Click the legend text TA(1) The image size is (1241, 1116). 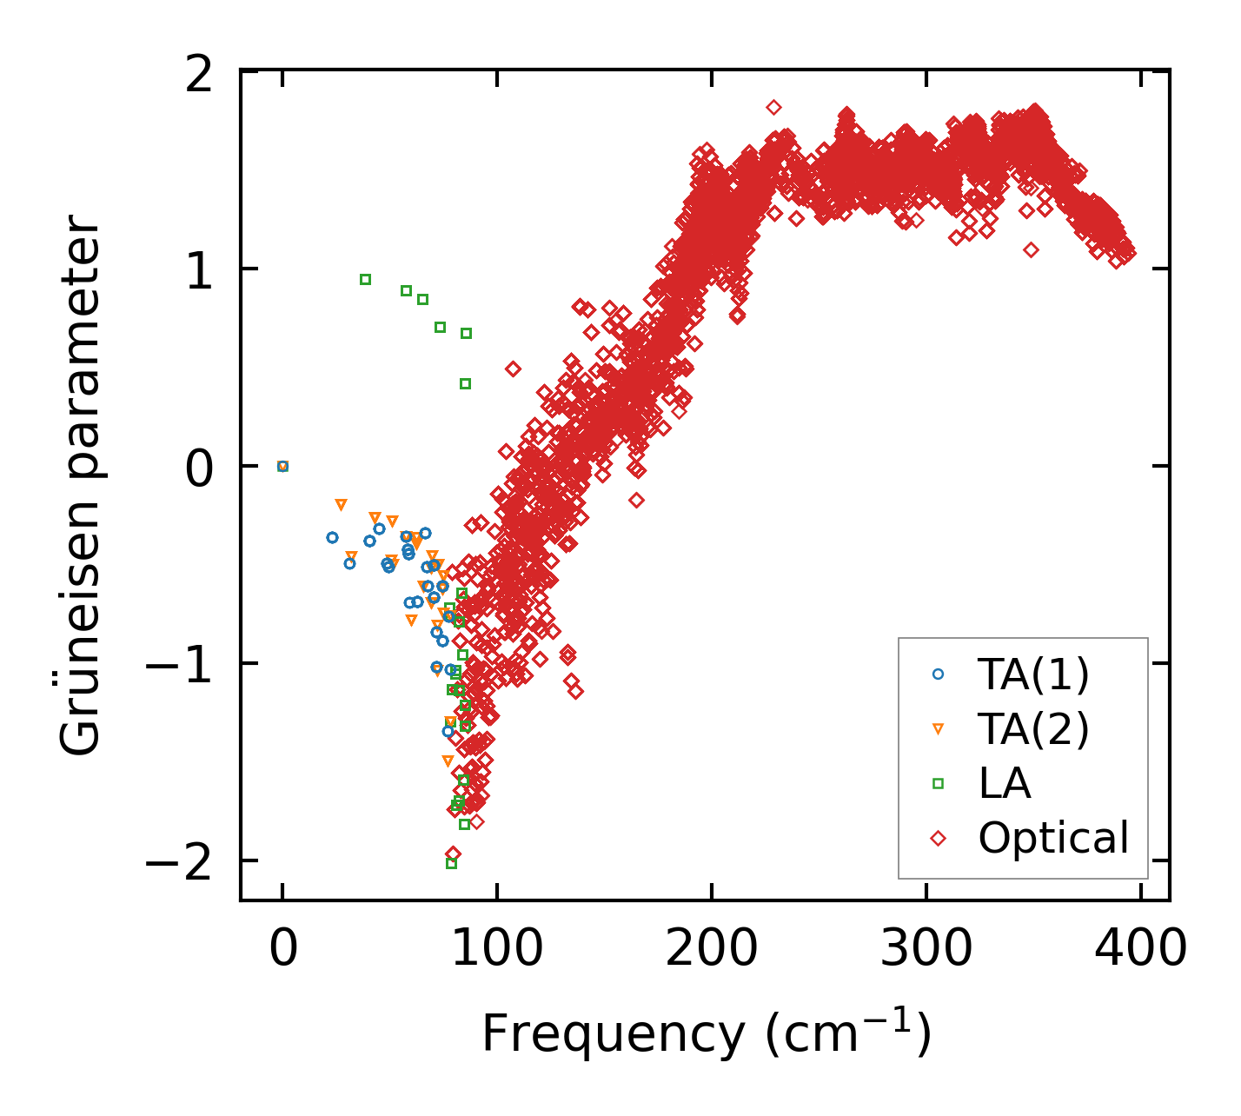coord(1033,674)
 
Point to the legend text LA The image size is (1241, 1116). coord(1005,784)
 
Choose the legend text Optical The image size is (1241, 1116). coord(1053,839)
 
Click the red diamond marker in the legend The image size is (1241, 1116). coord(938,839)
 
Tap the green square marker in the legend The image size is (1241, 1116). coord(938,784)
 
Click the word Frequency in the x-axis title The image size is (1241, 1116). coord(613,1035)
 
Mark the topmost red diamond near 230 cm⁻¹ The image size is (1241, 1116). coord(773,107)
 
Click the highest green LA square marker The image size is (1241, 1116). coord(365,279)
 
